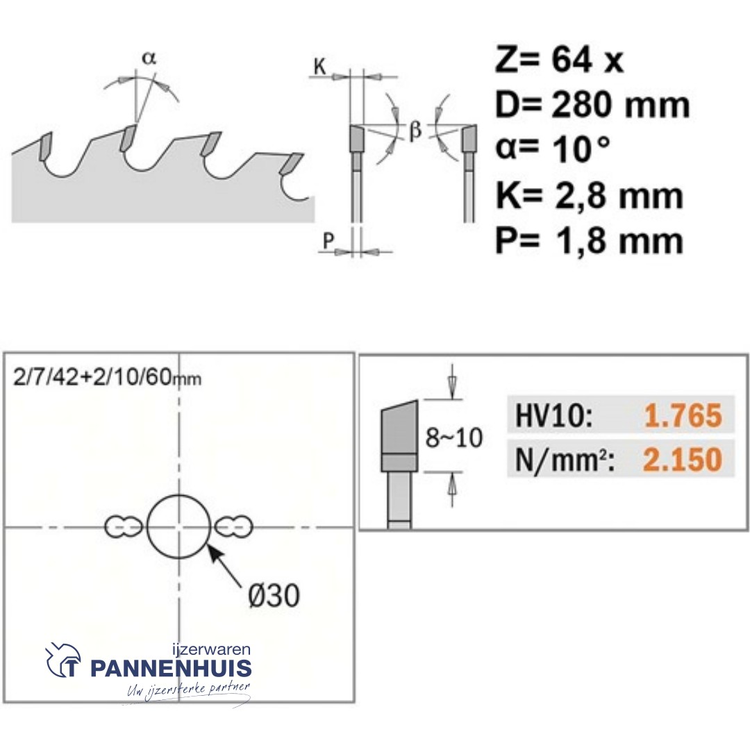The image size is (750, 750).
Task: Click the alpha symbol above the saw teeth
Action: pyautogui.click(x=149, y=59)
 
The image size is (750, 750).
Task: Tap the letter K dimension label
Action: pyautogui.click(x=320, y=67)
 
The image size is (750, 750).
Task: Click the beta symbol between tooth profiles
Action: pyautogui.click(x=415, y=131)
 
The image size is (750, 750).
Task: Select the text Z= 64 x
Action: pyautogui.click(x=559, y=61)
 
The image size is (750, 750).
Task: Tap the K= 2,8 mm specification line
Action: pyautogui.click(x=589, y=196)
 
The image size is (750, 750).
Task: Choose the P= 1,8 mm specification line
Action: pyautogui.click(x=589, y=241)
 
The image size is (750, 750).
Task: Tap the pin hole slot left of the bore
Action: pyautogui.click(x=122, y=527)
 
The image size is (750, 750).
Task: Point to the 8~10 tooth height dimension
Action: pyautogui.click(x=453, y=438)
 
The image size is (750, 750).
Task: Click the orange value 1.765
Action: pyautogui.click(x=683, y=416)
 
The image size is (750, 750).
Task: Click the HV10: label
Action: pyautogui.click(x=553, y=416)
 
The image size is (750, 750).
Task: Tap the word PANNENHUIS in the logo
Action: pyautogui.click(x=171, y=669)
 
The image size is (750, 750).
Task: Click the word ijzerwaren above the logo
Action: pyautogui.click(x=210, y=649)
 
